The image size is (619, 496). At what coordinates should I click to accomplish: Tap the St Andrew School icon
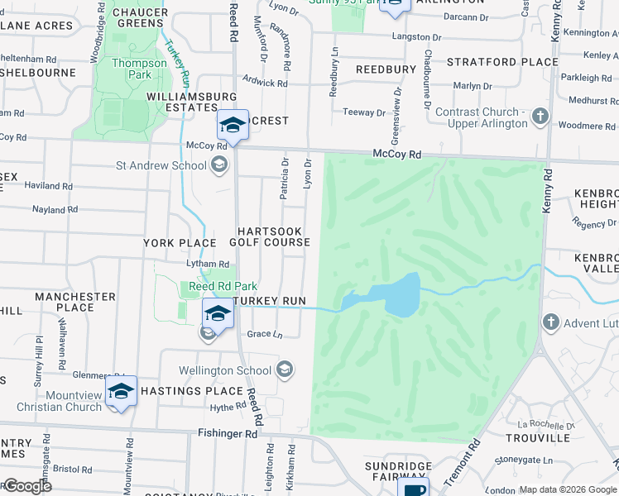coord(219,165)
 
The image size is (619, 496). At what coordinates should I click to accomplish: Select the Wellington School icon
coord(285,370)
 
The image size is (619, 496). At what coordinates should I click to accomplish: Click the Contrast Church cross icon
coord(540,117)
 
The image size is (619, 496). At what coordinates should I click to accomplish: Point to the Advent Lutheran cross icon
coord(550,322)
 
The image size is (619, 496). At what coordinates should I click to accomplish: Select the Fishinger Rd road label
coord(228,433)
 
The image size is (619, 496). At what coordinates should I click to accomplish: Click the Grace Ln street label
coord(265,335)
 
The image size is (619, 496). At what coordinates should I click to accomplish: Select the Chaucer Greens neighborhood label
coord(141,18)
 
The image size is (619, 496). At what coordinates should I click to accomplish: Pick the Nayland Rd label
coord(55,210)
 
